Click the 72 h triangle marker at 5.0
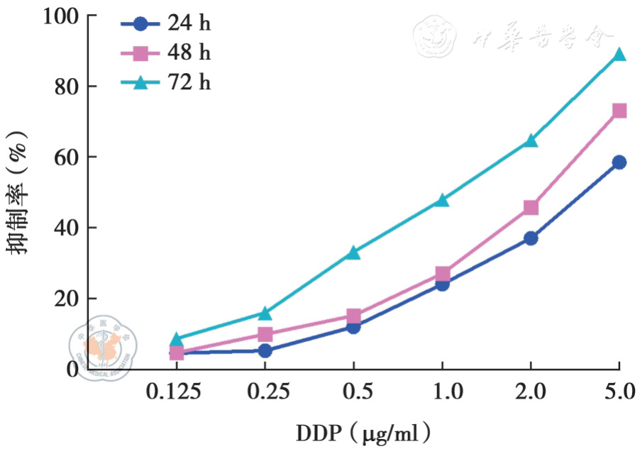619,55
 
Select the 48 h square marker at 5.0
619,111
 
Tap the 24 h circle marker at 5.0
619,162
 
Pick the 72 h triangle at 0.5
353,253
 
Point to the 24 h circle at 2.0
530,238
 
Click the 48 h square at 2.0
530,208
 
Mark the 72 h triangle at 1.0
442,200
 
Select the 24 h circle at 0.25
265,350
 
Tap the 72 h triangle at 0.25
265,313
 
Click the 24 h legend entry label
189,24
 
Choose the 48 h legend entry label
189,53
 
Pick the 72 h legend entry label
189,82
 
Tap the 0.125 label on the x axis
176,392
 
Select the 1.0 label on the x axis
442,392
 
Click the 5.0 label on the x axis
619,392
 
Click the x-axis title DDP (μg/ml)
363,431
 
